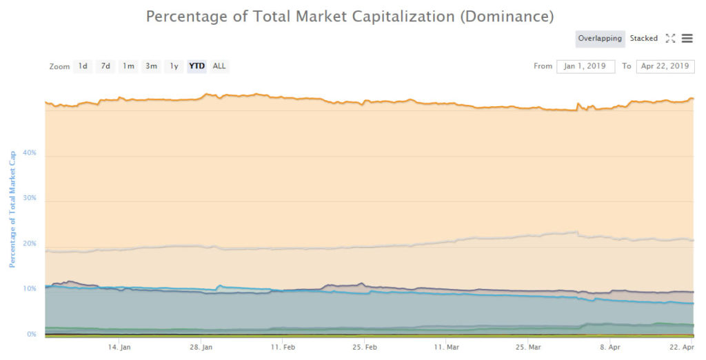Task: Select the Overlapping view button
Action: click(600, 39)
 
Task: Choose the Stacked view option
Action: click(643, 39)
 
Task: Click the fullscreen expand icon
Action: click(670, 39)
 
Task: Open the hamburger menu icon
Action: click(687, 39)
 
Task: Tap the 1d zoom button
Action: click(83, 66)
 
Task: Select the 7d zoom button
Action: click(105, 66)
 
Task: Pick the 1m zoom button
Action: click(128, 66)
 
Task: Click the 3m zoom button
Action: click(151, 66)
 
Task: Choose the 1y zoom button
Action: click(174, 66)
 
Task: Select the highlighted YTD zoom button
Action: click(197, 66)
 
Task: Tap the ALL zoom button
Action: click(219, 66)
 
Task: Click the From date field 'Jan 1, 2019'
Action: click(585, 66)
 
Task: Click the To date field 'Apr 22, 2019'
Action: click(665, 66)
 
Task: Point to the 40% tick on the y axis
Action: click(30, 153)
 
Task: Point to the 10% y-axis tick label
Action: click(30, 288)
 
